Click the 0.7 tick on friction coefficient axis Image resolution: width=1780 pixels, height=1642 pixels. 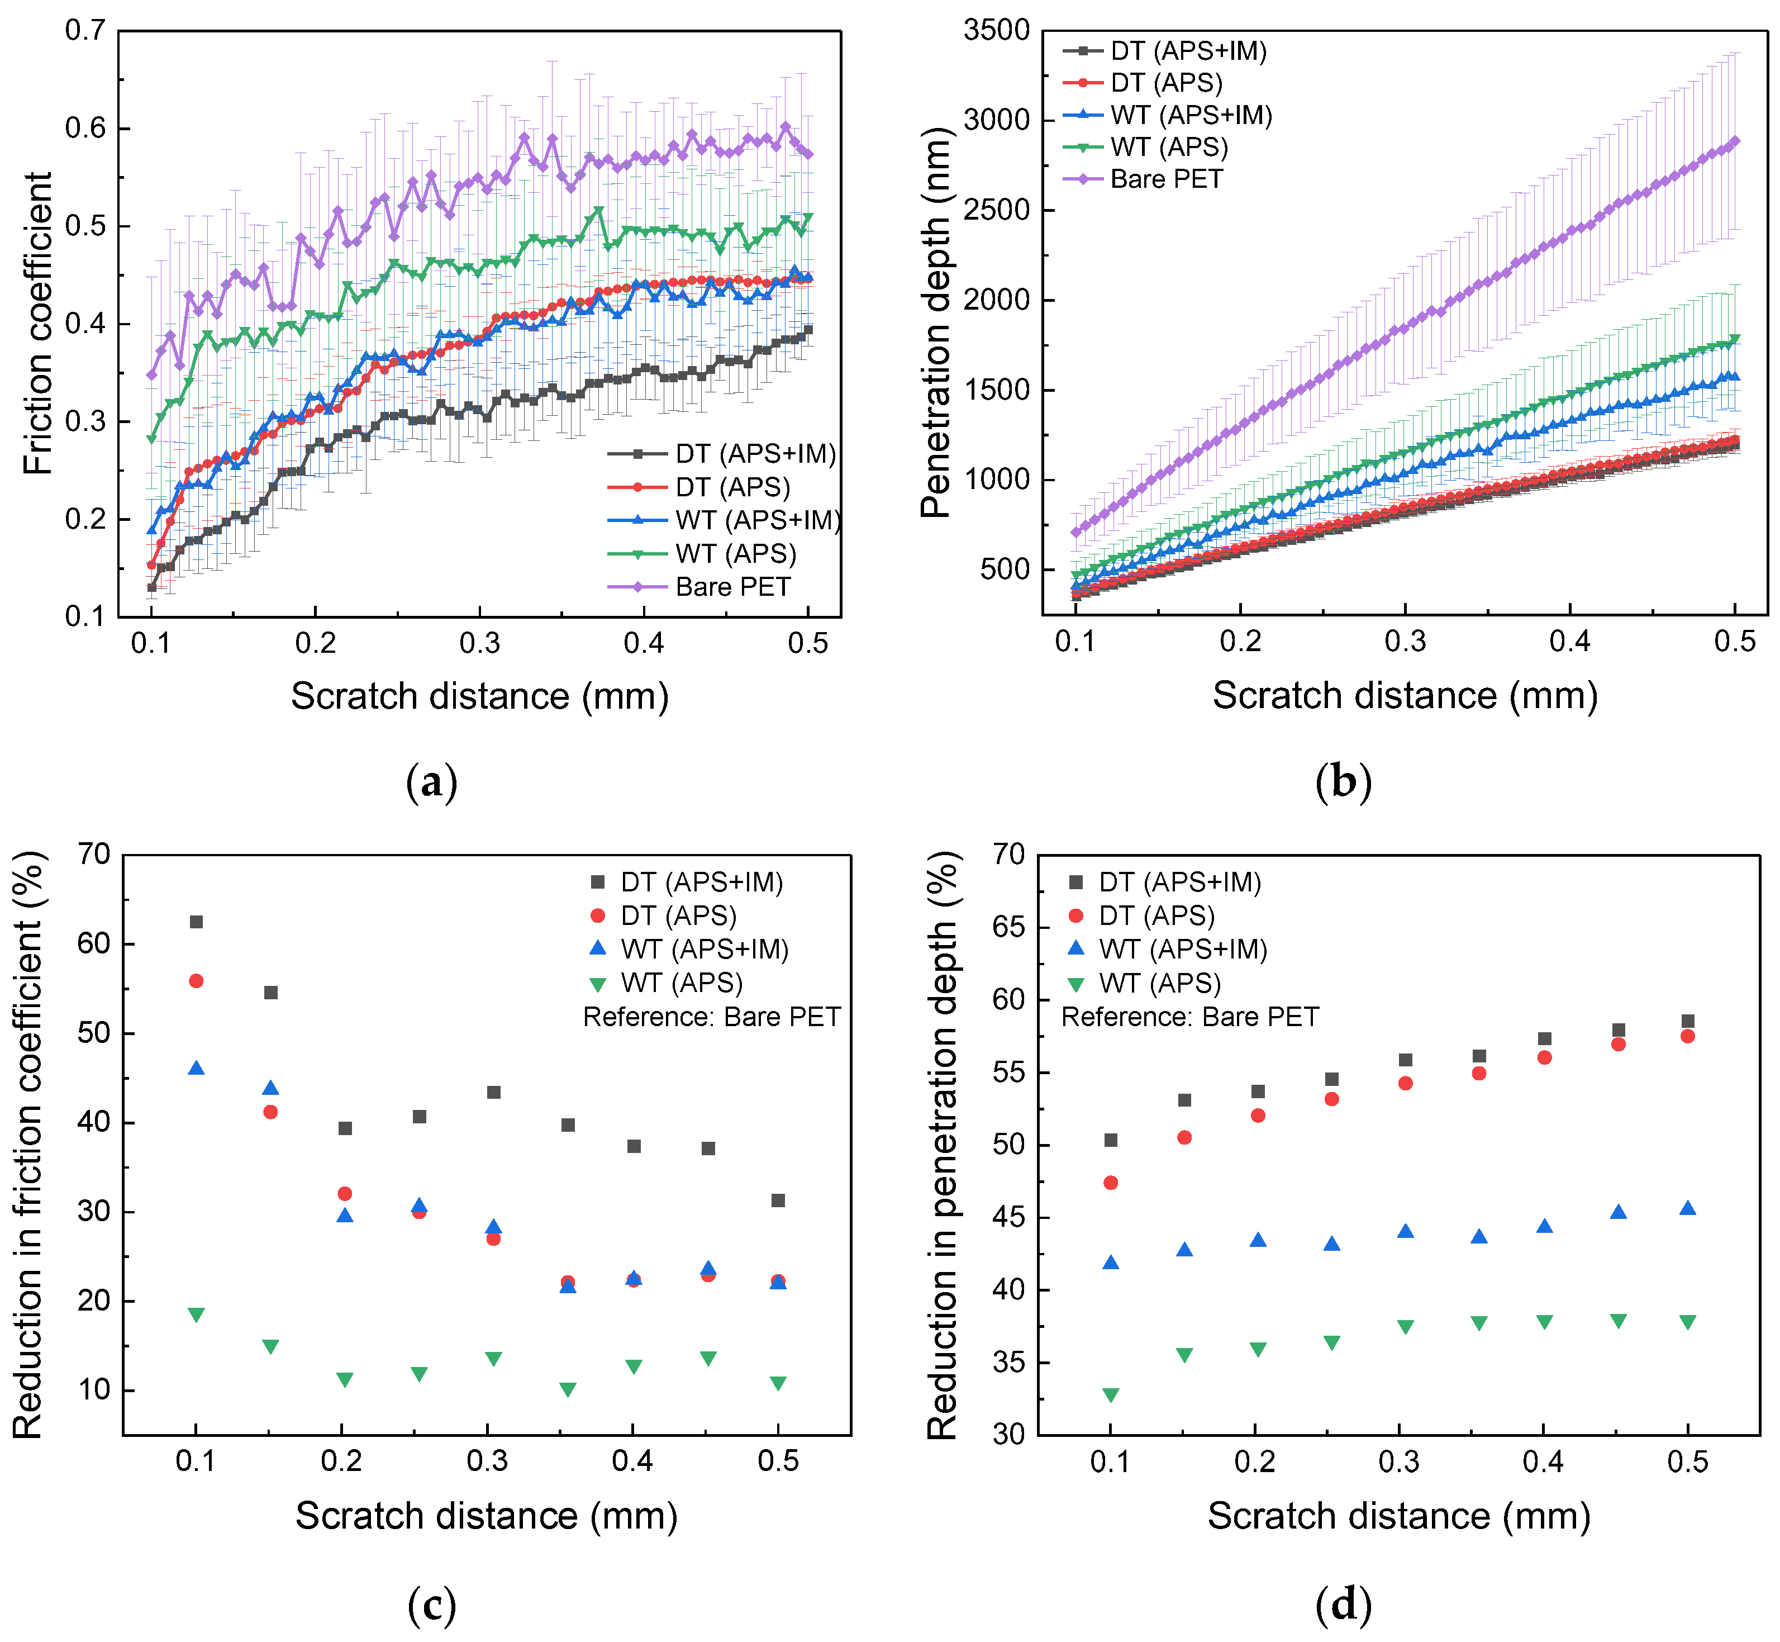[x=85, y=31]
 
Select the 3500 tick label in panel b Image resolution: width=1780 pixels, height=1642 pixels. [x=997, y=31]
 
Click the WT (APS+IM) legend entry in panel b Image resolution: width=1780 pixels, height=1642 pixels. [x=1190, y=116]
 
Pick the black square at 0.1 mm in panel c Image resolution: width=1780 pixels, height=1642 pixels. [x=196, y=922]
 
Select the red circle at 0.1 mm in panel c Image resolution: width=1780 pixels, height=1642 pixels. [x=196, y=981]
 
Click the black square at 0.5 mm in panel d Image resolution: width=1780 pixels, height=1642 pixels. [x=1688, y=1022]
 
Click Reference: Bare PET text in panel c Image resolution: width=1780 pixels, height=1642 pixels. [x=711, y=1017]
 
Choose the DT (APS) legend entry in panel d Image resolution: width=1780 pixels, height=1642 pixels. [x=1155, y=916]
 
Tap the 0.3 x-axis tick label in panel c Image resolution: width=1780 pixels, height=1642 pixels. [x=487, y=1461]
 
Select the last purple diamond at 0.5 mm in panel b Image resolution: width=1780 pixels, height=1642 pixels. [x=1735, y=141]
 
